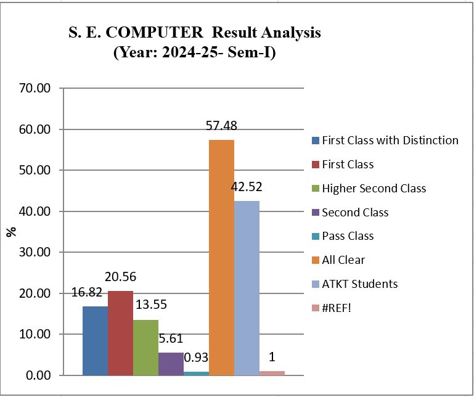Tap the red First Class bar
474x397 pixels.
120,333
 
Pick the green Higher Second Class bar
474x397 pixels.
145,347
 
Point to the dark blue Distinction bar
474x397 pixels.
95,340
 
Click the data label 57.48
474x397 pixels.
221,126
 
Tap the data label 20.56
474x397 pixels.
120,277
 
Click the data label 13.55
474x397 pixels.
150,305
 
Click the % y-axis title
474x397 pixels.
10,232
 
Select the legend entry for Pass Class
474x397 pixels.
348,236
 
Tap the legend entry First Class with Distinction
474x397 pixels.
390,140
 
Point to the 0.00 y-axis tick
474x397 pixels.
39,375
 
